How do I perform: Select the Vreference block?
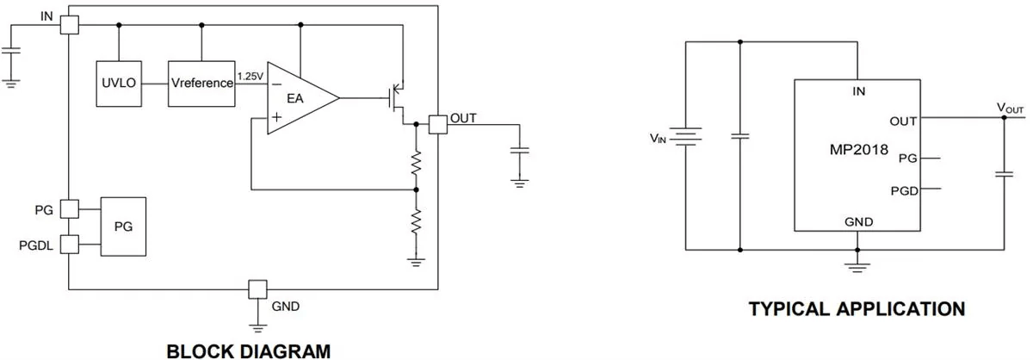pyautogui.click(x=201, y=84)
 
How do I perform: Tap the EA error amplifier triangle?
pyautogui.click(x=298, y=98)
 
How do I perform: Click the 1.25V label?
pyautogui.click(x=250, y=77)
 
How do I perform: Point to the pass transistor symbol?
pyautogui.click(x=398, y=97)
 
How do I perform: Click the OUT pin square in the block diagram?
pyautogui.click(x=438, y=123)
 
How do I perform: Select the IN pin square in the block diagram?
pyautogui.click(x=69, y=25)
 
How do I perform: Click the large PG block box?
pyautogui.click(x=123, y=226)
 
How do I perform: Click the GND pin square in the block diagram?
pyautogui.click(x=257, y=289)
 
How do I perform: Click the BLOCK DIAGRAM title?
pyautogui.click(x=248, y=351)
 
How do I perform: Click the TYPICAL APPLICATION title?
pyautogui.click(x=857, y=308)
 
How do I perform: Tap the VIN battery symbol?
pyautogui.click(x=685, y=137)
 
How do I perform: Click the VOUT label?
pyautogui.click(x=1010, y=108)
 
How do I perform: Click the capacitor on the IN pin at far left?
pyautogui.click(x=10, y=51)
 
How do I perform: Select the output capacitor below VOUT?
pyautogui.click(x=1003, y=175)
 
